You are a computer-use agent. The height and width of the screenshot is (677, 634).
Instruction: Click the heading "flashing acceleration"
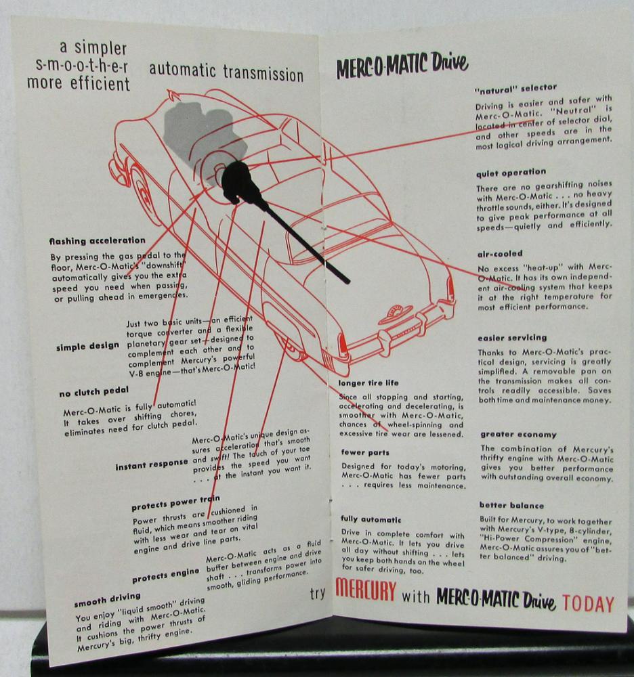pos(97,240)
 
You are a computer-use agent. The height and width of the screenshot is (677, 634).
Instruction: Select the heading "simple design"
pos(87,346)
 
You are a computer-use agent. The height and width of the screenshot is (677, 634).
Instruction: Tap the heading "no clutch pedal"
pos(94,391)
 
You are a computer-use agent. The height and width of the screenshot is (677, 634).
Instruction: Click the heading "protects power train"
pos(176,502)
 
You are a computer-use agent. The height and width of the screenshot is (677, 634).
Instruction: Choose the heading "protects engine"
pos(166,575)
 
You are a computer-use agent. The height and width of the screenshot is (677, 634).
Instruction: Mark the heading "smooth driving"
pos(108,599)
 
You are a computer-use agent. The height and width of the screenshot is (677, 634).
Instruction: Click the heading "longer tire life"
pos(368,383)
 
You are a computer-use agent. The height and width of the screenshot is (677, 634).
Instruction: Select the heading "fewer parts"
pos(365,452)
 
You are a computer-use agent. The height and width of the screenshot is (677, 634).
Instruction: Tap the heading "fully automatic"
pos(371,519)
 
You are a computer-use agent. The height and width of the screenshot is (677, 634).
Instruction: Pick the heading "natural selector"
pos(515,89)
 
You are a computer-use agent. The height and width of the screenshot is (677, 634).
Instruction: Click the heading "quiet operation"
pos(511,173)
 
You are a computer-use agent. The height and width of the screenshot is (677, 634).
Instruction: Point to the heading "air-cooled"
pos(500,253)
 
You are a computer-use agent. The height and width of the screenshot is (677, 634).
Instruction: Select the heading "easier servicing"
pos(512,338)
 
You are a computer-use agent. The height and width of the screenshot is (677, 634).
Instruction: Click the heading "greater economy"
pos(519,435)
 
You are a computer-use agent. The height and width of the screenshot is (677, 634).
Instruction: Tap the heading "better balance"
pos(512,505)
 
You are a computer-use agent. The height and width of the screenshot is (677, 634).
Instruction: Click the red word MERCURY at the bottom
pos(365,590)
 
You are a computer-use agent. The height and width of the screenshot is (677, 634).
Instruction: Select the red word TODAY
pos(588,604)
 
